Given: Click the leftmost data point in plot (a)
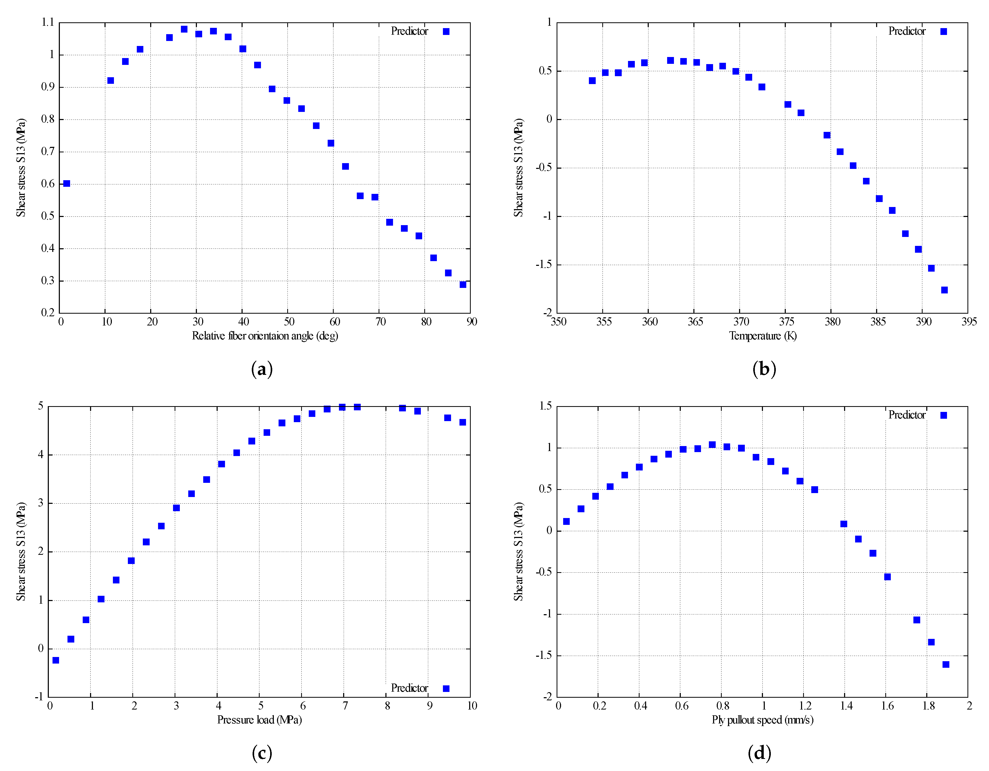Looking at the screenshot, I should [x=67, y=183].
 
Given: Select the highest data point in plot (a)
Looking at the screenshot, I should [x=184, y=29].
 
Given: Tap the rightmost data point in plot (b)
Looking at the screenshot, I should [x=944, y=290].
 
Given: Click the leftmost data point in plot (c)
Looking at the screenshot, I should [x=56, y=660].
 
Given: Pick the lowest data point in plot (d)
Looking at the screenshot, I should [x=945, y=664].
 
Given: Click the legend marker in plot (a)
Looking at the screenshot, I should [x=446, y=31].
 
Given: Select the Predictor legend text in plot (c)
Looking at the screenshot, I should [x=409, y=688].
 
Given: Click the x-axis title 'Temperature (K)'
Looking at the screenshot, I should [x=763, y=336].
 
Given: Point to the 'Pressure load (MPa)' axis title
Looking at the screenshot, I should [x=259, y=720].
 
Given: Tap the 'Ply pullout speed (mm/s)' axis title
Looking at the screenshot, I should [x=763, y=720].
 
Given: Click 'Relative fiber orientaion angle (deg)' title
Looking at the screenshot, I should [x=265, y=336].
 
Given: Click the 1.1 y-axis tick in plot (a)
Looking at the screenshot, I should [x=48, y=22].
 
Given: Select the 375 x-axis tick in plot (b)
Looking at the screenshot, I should [x=787, y=322].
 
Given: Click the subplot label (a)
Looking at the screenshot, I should [x=262, y=369].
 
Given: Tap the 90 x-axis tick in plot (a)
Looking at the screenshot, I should [x=472, y=322].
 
